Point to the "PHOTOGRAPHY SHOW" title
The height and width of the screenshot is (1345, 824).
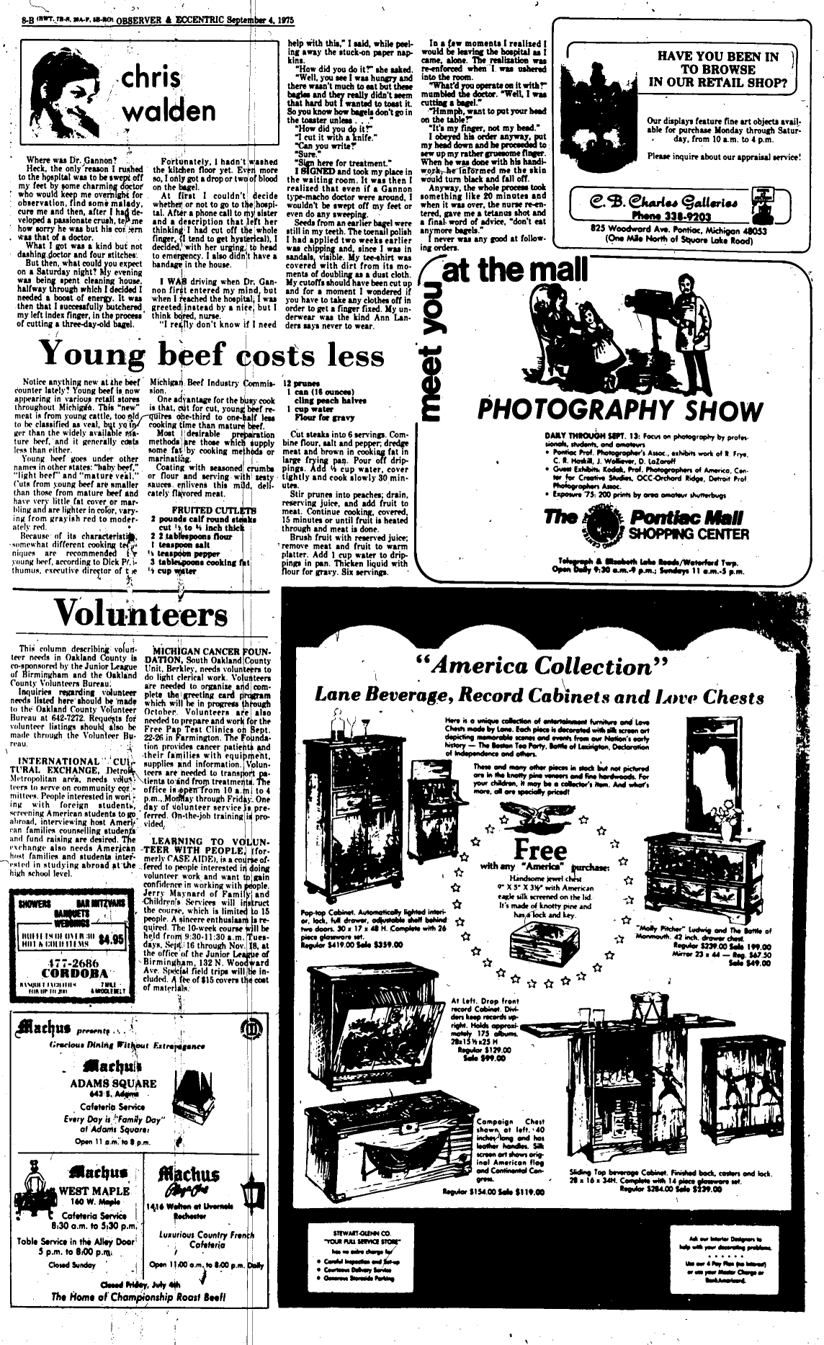pos(619,411)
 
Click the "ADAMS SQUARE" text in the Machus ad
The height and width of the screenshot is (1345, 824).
pos(114,1083)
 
